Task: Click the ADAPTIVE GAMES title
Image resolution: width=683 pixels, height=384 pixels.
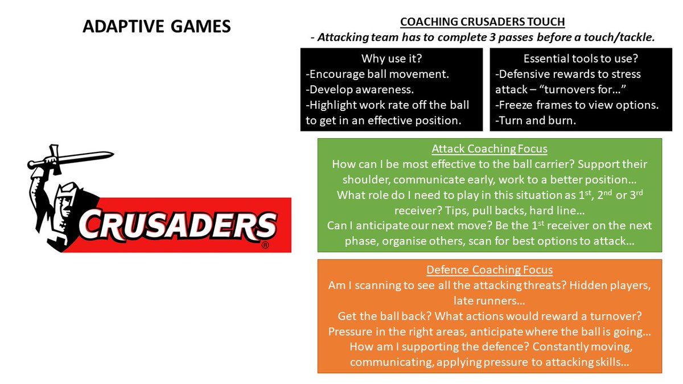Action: pyautogui.click(x=157, y=26)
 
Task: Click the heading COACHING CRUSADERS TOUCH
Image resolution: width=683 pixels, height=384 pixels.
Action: pyautogui.click(x=482, y=22)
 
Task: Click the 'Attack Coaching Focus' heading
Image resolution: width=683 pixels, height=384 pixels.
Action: pyautogui.click(x=489, y=149)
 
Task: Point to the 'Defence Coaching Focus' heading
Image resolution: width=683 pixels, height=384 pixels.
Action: pyautogui.click(x=489, y=270)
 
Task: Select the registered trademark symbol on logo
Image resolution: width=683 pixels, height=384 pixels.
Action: pyautogui.click(x=265, y=245)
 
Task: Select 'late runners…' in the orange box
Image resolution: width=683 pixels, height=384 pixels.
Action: pyautogui.click(x=489, y=300)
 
